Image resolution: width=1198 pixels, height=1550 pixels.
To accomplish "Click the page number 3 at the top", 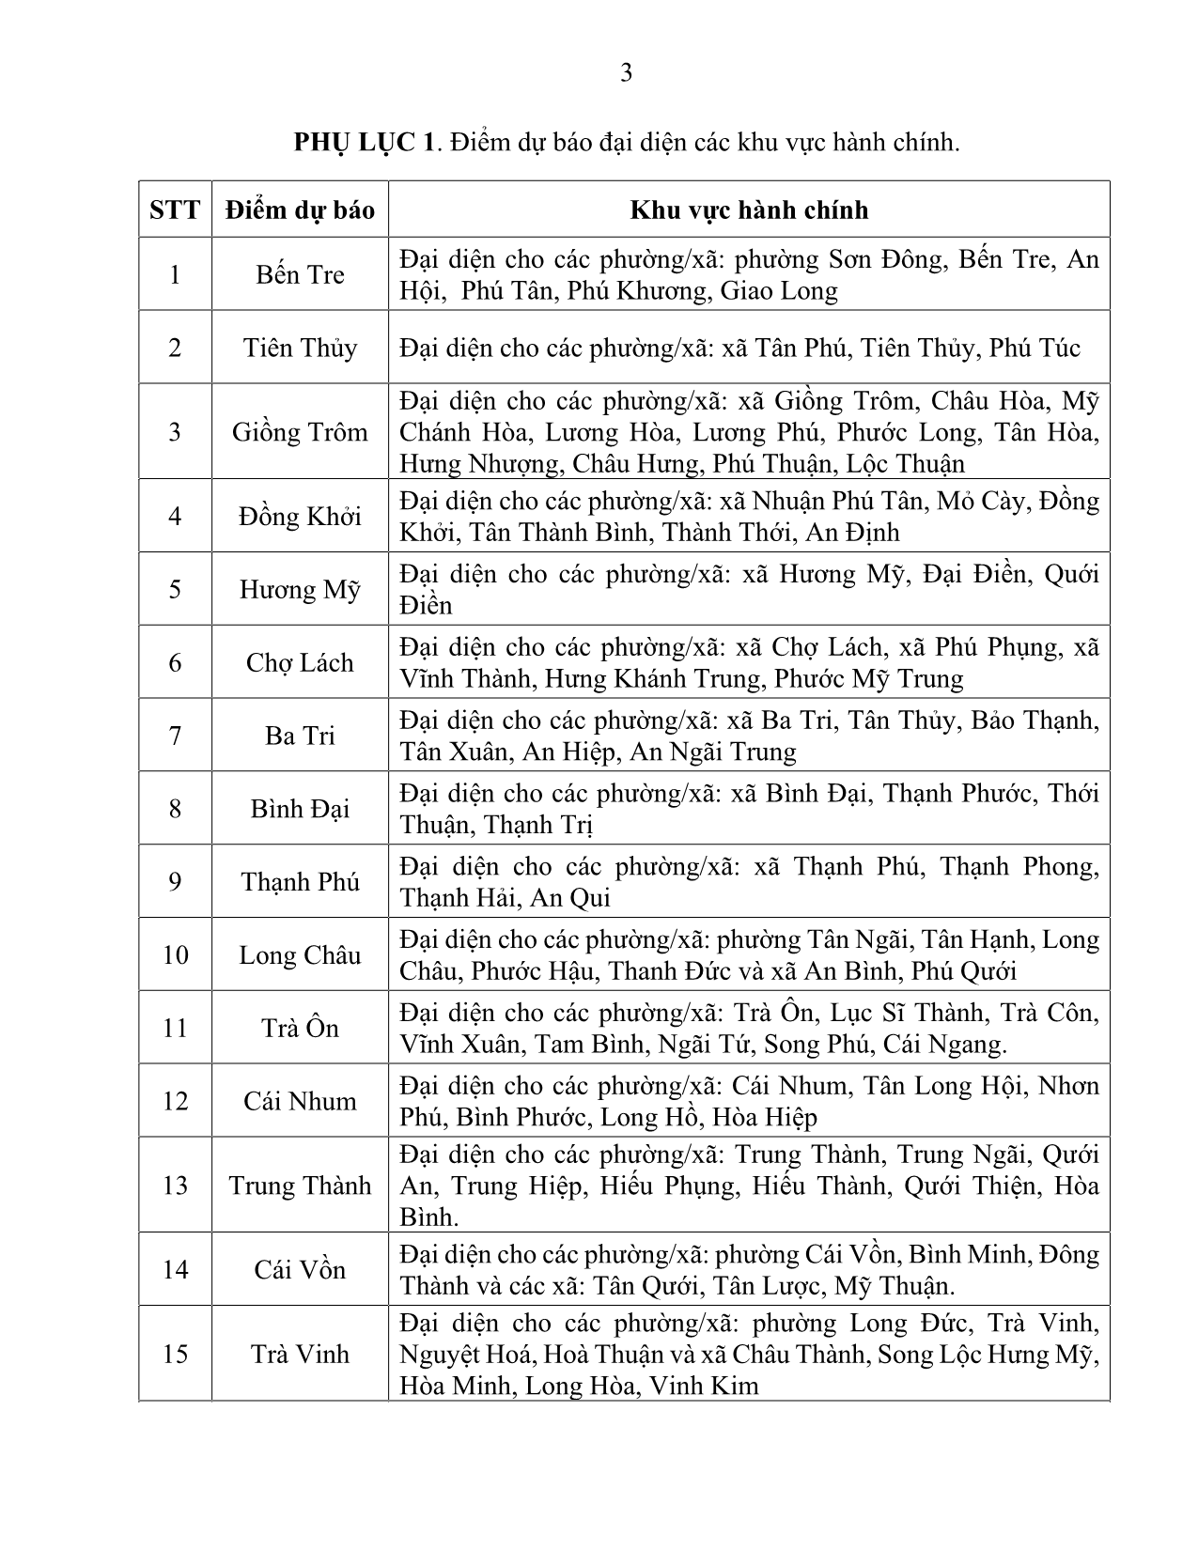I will point(626,73).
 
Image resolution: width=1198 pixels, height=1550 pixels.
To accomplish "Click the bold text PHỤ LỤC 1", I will point(365,143).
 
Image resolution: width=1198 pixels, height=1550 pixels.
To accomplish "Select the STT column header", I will point(175,209).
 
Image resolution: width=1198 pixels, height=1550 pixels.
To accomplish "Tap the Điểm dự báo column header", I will point(300,209).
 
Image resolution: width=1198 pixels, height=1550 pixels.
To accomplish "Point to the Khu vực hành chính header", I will point(749,209).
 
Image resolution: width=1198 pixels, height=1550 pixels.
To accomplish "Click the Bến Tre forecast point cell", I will point(300,274).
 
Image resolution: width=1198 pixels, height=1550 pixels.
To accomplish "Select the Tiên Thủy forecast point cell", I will point(300,348).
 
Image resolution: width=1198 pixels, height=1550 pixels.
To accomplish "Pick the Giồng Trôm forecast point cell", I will point(300,432).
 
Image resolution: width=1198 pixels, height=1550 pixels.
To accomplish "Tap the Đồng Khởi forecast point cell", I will point(300,516).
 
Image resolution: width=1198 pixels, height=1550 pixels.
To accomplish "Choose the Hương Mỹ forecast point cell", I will point(300,589).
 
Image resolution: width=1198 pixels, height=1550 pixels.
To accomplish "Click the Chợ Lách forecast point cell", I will point(300,662).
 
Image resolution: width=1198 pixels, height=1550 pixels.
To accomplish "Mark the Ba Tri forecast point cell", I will point(300,736).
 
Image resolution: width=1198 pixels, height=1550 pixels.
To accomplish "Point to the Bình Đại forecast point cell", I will point(300,809).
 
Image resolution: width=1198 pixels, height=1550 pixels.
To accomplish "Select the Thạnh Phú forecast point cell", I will point(300,881).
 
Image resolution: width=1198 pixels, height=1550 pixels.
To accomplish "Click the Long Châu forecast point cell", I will point(300,954).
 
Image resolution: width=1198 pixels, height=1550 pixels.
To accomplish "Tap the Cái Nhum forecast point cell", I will point(300,1101).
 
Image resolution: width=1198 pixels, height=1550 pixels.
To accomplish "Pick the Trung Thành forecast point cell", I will point(300,1186).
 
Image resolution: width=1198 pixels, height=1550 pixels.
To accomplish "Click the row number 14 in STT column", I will point(176,1270).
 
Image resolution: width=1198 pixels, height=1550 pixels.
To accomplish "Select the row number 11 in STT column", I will point(176,1028).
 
